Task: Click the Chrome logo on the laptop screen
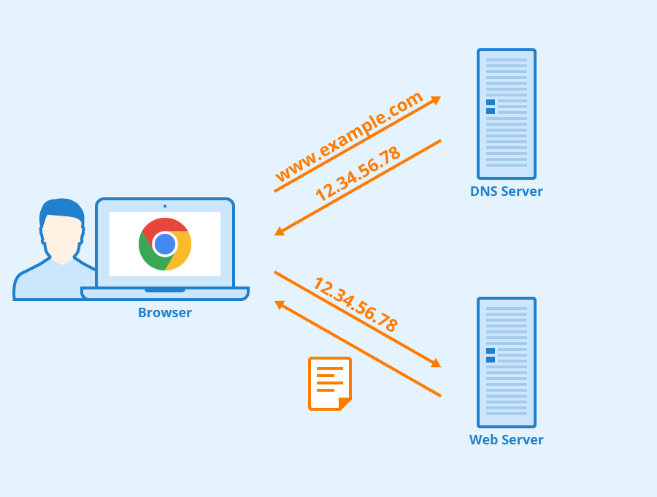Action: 165,244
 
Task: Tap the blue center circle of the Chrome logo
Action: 165,244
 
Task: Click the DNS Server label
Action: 506,191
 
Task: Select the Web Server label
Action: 506,440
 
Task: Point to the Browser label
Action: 165,313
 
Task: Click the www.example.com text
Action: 349,137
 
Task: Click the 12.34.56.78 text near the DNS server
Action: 358,174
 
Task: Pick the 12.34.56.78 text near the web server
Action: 356,305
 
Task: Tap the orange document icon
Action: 329,383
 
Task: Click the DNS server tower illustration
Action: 506,114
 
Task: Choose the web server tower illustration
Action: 506,363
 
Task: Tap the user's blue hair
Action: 61,208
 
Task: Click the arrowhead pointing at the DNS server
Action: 436,99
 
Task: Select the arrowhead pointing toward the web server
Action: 436,363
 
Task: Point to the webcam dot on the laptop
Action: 165,206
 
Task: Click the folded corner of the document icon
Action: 345,403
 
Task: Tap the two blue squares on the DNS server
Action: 491,107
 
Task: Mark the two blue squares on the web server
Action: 491,355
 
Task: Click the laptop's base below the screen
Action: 165,293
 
